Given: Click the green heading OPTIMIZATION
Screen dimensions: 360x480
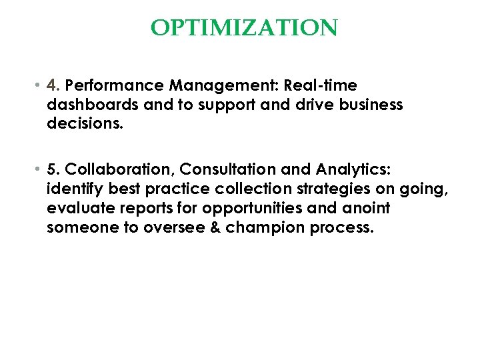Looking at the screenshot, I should click(244, 28).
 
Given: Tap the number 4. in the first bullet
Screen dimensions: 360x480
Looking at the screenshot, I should click(54, 85).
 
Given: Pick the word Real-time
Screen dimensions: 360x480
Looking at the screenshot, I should click(321, 85).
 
